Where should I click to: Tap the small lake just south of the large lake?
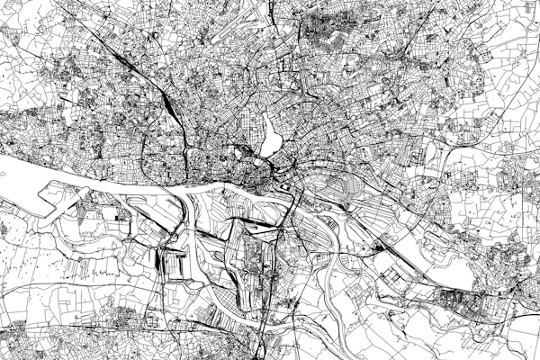point(265,161)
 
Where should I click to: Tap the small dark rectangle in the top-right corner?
point(527,13)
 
